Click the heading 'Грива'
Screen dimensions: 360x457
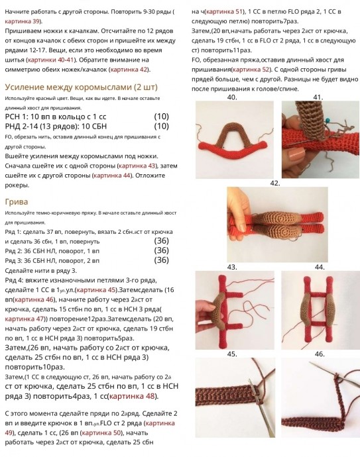pyautogui.click(x=16, y=201)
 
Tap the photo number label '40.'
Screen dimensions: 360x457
pyautogui.click(x=232, y=97)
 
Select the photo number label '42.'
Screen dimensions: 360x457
pyautogui.click(x=274, y=182)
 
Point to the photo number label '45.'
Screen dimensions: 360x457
pyautogui.click(x=232, y=354)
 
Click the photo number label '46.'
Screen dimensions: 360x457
pyautogui.click(x=320, y=354)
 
